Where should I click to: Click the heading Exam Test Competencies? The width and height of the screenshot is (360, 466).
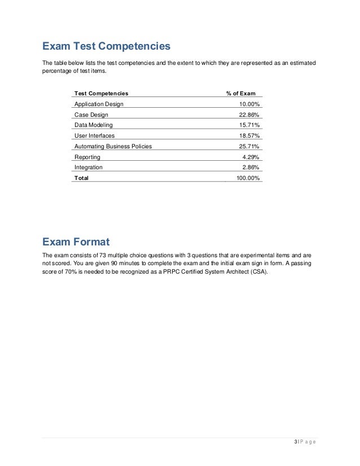106,45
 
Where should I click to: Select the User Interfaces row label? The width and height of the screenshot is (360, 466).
94,136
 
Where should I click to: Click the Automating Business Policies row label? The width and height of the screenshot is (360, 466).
113,146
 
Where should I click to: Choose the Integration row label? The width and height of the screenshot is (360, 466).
89,167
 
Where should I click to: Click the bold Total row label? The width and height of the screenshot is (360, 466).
81,178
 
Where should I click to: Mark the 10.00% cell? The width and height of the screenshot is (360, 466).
249,104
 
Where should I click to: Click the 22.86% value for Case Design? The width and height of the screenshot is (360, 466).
249,115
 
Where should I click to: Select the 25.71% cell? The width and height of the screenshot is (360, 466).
249,146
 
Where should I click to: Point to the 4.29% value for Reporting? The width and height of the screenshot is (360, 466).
251,157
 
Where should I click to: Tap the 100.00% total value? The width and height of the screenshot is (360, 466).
248,178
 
